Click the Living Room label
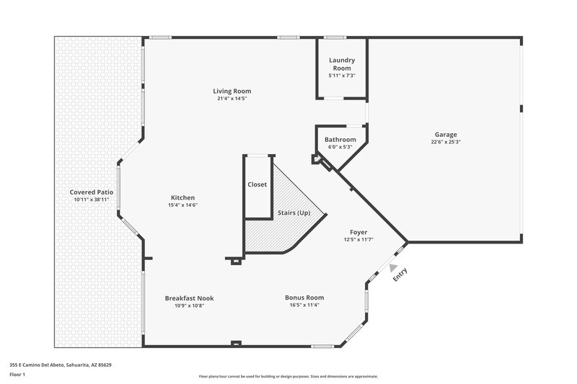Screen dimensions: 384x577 coord(232,91)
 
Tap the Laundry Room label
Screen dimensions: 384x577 coord(342,64)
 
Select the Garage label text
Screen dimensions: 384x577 coord(445,134)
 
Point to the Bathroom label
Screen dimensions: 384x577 coord(340,140)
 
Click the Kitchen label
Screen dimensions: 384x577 coord(182,197)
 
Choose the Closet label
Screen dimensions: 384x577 coord(257,184)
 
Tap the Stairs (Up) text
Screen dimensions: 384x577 coord(294,213)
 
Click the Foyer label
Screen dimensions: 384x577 coord(358,232)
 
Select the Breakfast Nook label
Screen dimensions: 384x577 coord(189,298)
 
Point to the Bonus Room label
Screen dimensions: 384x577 coord(304,297)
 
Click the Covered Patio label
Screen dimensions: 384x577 coord(92,192)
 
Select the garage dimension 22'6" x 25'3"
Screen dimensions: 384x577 coord(445,142)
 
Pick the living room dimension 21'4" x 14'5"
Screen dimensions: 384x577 coord(232,99)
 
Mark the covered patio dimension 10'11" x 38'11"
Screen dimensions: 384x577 coord(92,200)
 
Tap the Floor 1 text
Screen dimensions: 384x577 coord(17,375)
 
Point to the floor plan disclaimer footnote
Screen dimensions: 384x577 coord(288,376)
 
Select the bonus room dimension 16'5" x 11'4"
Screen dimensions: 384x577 coord(304,305)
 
